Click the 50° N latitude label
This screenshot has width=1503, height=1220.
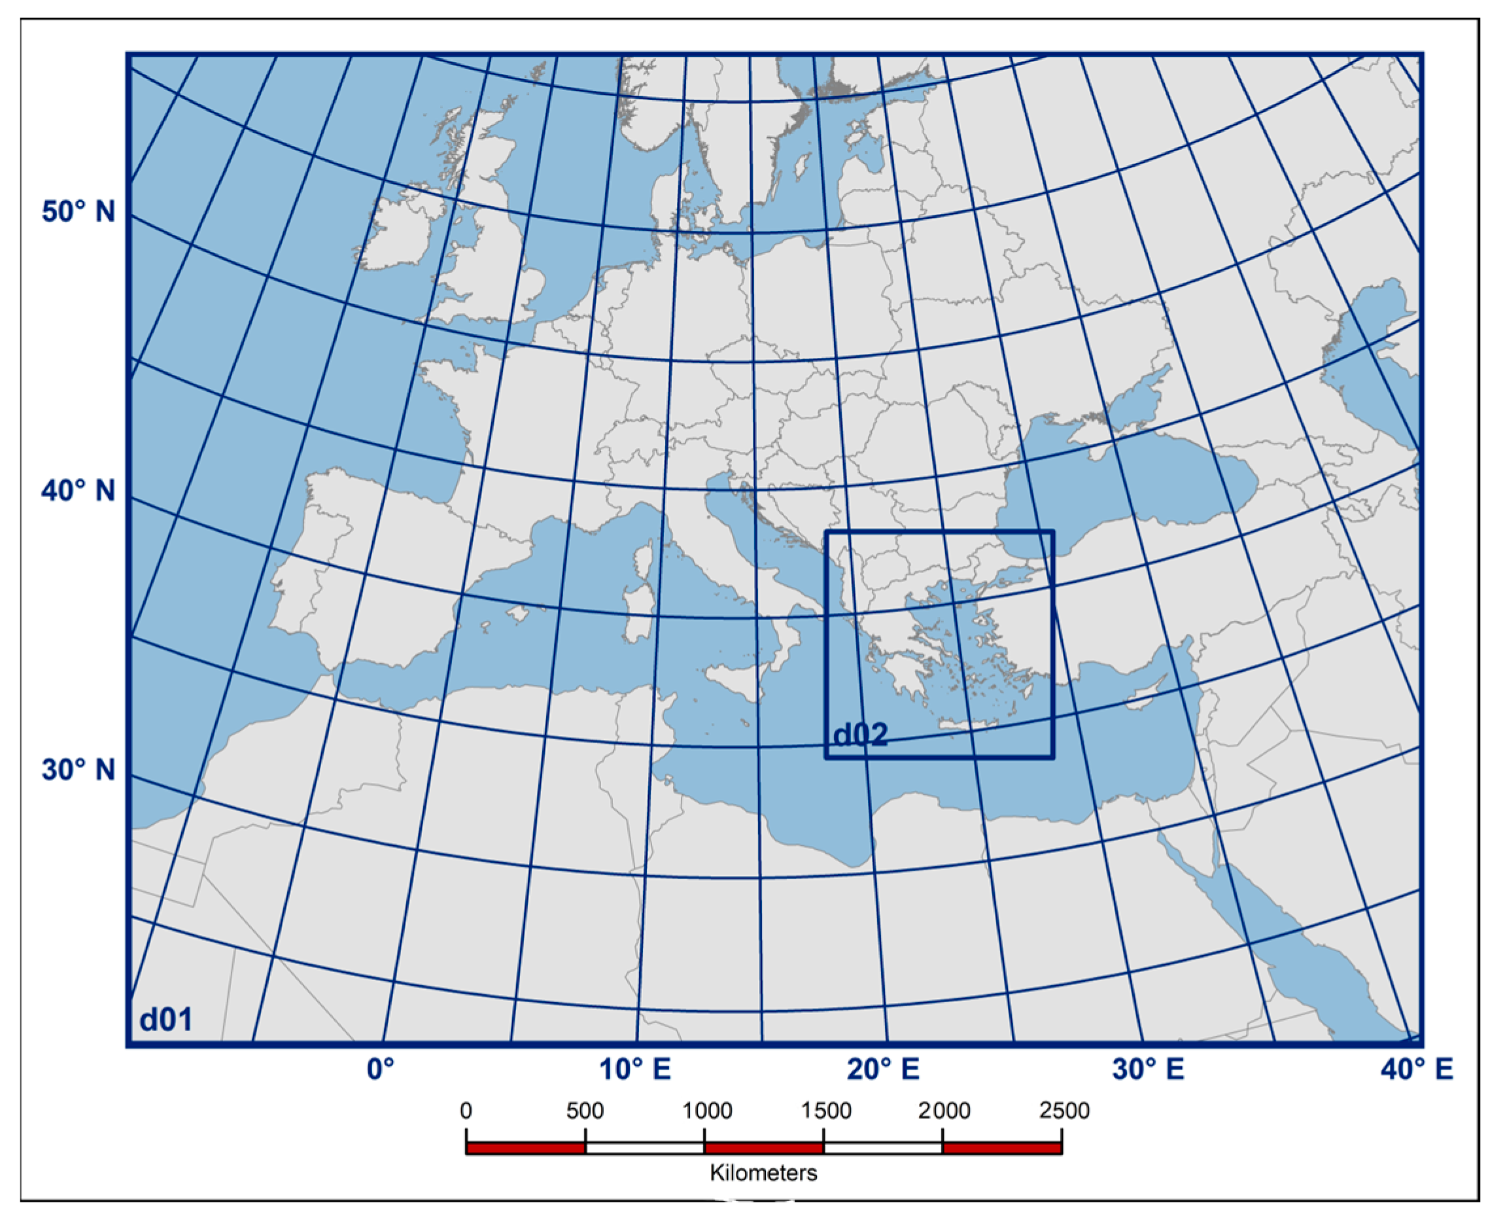78,211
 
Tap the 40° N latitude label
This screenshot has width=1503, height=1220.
78,491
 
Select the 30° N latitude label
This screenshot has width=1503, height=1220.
78,769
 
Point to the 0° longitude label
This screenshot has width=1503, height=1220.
381,1069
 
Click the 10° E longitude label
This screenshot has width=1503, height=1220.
634,1069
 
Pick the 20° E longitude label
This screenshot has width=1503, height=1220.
883,1069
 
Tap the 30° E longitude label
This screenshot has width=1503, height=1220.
1148,1069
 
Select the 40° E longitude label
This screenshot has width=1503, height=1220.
1417,1069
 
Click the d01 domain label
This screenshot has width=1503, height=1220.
166,1019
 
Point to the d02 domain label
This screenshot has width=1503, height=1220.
860,735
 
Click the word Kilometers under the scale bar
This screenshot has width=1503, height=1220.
764,1173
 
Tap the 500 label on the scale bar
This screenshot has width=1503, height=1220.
585,1111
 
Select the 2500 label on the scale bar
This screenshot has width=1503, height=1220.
1064,1111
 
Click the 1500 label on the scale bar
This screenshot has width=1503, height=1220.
826,1111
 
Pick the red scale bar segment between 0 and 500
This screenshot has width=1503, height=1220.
526,1148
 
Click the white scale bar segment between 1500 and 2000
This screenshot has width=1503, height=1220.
882,1148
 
